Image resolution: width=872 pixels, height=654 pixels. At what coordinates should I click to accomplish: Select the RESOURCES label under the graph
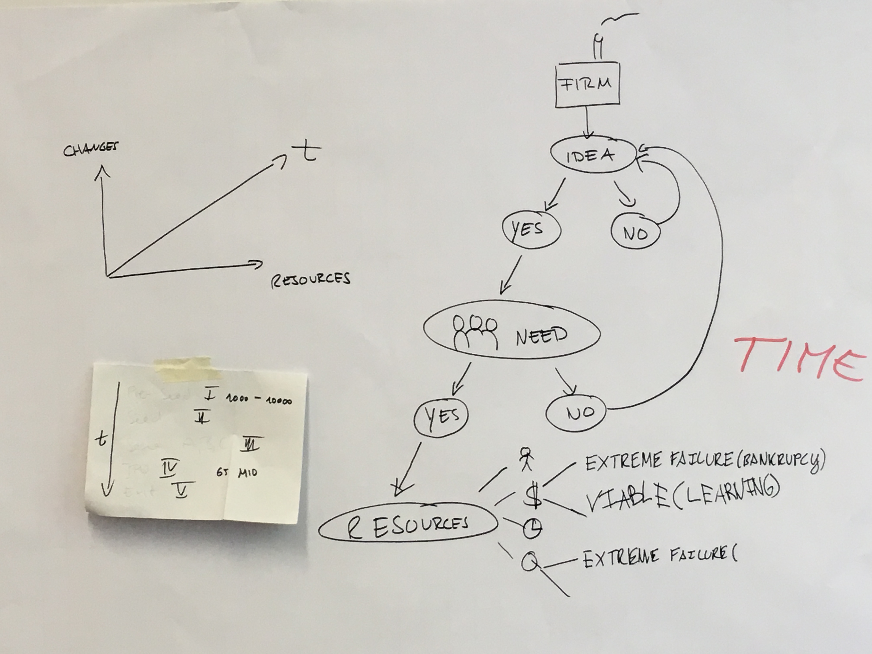point(311,279)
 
